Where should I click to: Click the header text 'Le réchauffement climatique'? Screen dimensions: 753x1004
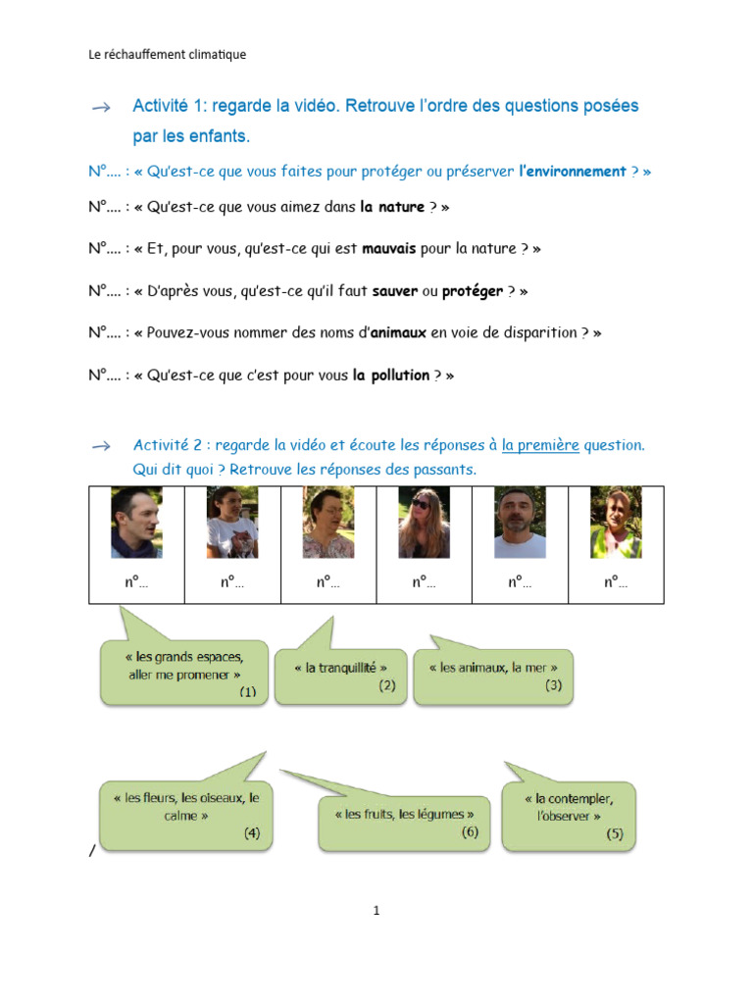[x=167, y=55]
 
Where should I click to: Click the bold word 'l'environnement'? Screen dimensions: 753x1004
[x=573, y=171]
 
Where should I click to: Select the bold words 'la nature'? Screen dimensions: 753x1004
[x=392, y=206]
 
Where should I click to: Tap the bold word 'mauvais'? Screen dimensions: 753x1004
[x=388, y=248]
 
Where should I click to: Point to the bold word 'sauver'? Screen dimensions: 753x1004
[x=394, y=290]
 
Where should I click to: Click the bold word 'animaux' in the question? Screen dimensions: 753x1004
[x=398, y=332]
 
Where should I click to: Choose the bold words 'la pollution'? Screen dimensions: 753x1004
[x=390, y=375]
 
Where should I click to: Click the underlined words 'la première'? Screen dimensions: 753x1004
[x=540, y=444]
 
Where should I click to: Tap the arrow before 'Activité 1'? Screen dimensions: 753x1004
[x=101, y=107]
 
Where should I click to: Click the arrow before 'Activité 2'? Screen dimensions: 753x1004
[x=101, y=446]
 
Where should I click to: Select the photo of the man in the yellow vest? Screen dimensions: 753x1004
[x=616, y=522]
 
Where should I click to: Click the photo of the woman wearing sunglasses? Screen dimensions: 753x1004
[x=424, y=522]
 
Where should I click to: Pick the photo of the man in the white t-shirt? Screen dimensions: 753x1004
[x=520, y=522]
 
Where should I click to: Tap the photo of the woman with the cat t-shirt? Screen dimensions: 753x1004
[x=232, y=522]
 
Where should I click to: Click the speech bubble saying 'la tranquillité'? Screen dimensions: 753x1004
[x=340, y=677]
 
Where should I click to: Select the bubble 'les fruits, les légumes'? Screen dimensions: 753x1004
[x=404, y=823]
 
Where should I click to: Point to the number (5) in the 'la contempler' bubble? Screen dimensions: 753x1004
[x=614, y=833]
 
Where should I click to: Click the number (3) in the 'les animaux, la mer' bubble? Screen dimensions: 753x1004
[x=553, y=685]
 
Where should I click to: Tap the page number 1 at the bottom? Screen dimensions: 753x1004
[x=376, y=910]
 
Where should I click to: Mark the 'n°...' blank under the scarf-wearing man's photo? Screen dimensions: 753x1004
[x=136, y=581]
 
